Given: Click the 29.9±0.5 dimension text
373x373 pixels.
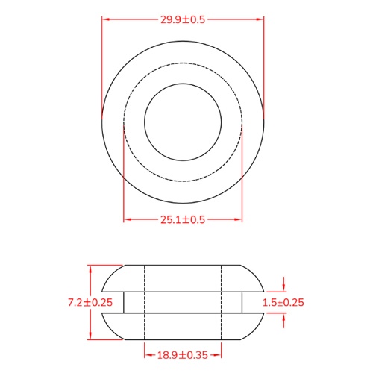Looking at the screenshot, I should [x=183, y=19].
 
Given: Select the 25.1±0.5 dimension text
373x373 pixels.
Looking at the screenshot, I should [x=183, y=219].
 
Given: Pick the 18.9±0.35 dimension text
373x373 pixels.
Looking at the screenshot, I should [x=183, y=355].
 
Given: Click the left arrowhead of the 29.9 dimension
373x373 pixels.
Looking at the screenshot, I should [x=104, y=19].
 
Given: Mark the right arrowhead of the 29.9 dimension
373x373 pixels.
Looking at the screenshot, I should [x=261, y=19].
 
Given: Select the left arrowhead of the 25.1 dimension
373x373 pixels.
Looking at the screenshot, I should [x=127, y=219].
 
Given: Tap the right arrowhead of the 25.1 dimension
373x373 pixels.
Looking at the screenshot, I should [x=239, y=219].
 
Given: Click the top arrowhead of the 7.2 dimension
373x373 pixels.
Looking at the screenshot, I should [x=90, y=267].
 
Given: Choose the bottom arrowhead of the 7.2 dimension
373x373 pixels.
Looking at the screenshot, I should [x=90, y=337].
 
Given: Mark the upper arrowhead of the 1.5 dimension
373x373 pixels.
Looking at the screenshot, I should [x=284, y=289].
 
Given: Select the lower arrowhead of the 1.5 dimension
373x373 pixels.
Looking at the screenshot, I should [x=284, y=316].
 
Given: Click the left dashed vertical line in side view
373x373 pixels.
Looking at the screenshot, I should [x=143, y=302].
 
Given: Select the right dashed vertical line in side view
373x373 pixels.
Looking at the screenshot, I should [x=222, y=302].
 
